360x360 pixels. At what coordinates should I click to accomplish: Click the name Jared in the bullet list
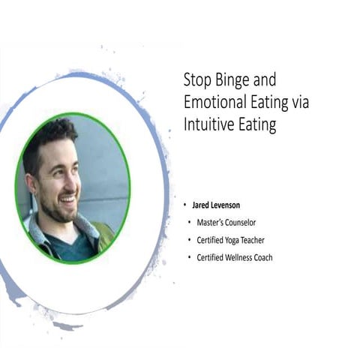207,205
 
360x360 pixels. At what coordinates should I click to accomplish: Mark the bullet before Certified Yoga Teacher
190,240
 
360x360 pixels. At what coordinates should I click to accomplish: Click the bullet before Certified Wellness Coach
190,258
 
